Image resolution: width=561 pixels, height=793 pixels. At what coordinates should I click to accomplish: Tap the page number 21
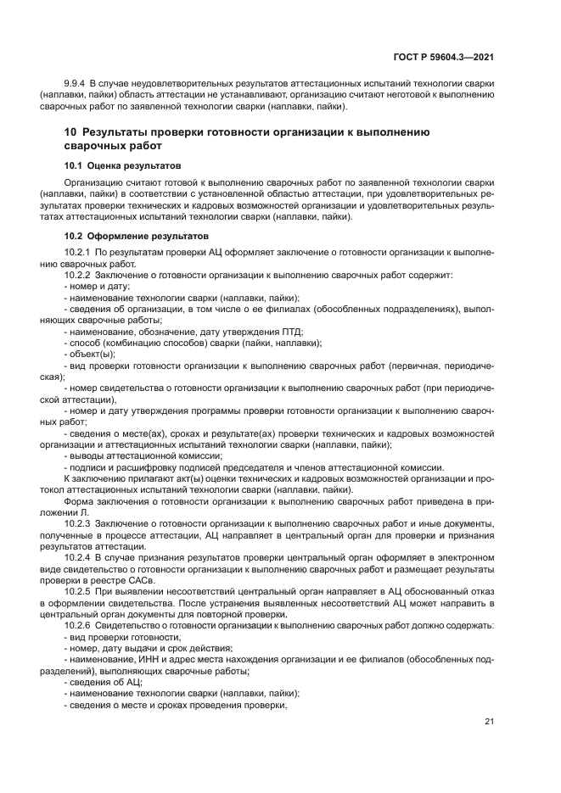(490, 722)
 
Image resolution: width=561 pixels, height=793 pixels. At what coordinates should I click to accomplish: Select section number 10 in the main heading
(71, 132)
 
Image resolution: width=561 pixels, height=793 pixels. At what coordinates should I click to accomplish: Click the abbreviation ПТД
(291, 332)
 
